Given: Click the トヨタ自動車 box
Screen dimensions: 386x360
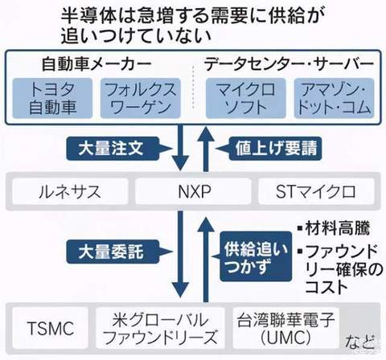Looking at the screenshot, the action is pyautogui.click(x=52, y=98).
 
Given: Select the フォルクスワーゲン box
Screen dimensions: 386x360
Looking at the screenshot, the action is pyautogui.click(x=140, y=98).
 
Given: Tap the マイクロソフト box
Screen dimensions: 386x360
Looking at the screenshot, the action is pyautogui.click(x=245, y=98).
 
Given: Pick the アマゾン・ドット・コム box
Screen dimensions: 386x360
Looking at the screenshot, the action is pyautogui.click(x=334, y=98).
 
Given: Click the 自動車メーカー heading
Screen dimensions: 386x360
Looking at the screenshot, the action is pyautogui.click(x=96, y=64).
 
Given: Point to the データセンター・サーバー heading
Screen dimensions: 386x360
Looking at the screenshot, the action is pyautogui.click(x=289, y=64).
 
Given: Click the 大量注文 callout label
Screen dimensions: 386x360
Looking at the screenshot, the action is pyautogui.click(x=113, y=149).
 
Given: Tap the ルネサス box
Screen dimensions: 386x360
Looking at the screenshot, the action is pyautogui.click(x=70, y=191).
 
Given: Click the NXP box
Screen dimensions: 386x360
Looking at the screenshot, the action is pyautogui.click(x=194, y=191).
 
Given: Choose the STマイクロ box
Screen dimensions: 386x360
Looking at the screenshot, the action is pyautogui.click(x=316, y=191).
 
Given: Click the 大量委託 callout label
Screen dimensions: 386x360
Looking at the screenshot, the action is pyautogui.click(x=113, y=252).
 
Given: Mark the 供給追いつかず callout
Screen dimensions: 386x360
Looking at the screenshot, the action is pyautogui.click(x=256, y=256).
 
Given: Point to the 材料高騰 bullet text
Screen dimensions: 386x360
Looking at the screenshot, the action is pyautogui.click(x=334, y=228).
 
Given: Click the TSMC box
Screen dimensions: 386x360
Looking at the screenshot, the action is pyautogui.click(x=51, y=328).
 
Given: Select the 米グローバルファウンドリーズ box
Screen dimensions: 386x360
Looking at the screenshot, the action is pyautogui.click(x=160, y=328).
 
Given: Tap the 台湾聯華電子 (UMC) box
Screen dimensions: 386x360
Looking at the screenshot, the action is pyautogui.click(x=285, y=328).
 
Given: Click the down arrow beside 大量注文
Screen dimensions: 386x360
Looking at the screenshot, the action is pyautogui.click(x=180, y=148).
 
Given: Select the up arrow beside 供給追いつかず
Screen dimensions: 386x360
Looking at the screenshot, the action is pyautogui.click(x=206, y=260).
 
